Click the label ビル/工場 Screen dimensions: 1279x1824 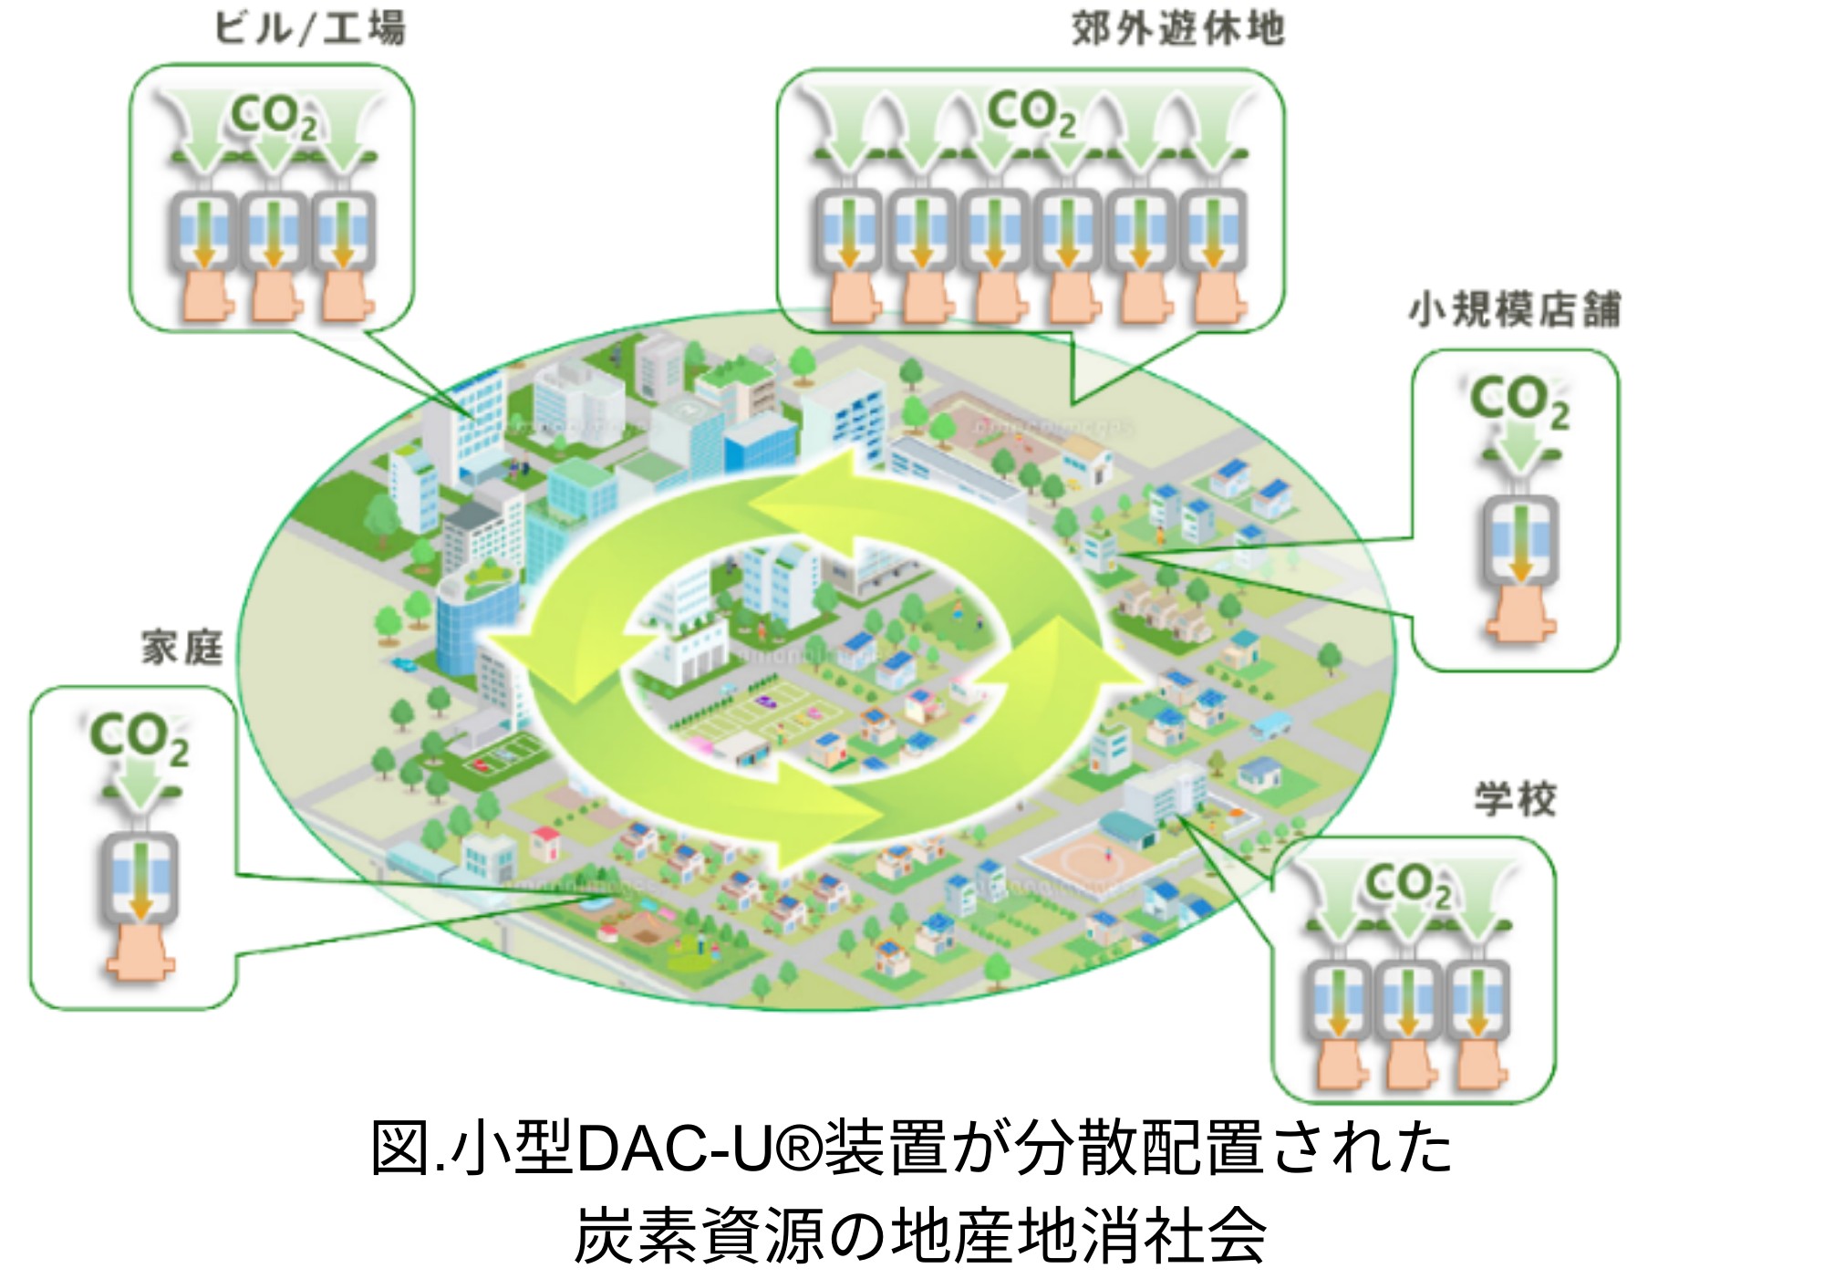tap(309, 28)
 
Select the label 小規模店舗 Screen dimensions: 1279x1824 tap(1514, 310)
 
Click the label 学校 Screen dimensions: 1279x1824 tap(1515, 799)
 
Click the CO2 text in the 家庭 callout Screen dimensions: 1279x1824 tap(139, 738)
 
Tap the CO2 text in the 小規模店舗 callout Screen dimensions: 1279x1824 tap(1519, 401)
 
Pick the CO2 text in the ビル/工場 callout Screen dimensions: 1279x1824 tap(274, 118)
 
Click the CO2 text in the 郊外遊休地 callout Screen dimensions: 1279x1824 tap(1031, 113)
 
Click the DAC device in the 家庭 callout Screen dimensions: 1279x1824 tap(140, 876)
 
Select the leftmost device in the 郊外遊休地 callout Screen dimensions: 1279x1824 tap(847, 232)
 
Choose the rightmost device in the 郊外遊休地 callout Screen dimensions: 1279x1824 tap(1214, 232)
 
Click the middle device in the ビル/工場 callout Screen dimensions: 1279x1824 tap(273, 232)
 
